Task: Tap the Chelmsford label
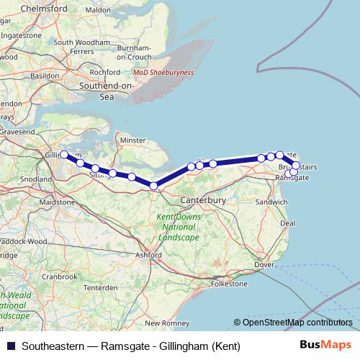pyautogui.click(x=26, y=8)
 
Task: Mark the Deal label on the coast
pyautogui.click(x=287, y=223)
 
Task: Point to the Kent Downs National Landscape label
pyautogui.click(x=176, y=228)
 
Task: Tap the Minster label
pyautogui.click(x=133, y=140)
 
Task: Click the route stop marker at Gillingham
pyautogui.click(x=64, y=154)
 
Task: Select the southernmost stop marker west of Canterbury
pyautogui.click(x=153, y=186)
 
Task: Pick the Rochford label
pyautogui.click(x=105, y=72)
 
